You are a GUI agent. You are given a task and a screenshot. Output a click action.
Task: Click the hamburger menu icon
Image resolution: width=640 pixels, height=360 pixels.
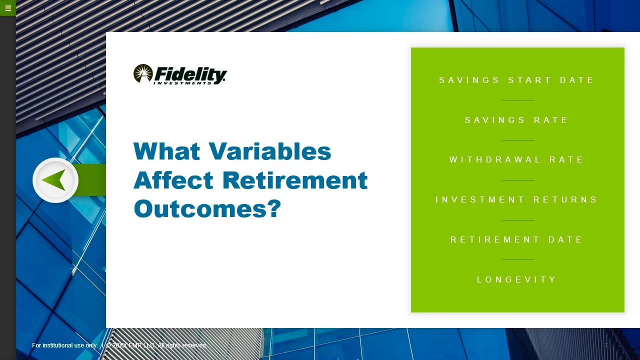(x=8, y=8)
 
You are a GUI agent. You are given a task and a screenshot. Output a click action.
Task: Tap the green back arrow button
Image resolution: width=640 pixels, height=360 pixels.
(x=55, y=180)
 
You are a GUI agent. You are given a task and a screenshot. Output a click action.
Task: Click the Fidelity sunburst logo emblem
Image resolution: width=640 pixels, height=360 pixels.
(x=143, y=73)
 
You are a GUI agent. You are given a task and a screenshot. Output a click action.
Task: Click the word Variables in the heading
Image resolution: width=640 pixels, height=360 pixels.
(x=269, y=151)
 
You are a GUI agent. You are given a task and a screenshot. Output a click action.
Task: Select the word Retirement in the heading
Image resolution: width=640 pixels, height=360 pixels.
(x=295, y=180)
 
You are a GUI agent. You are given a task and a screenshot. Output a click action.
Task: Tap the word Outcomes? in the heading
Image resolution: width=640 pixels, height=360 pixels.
(x=207, y=208)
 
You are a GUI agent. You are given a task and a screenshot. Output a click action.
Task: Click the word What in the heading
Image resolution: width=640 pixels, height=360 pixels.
(x=166, y=151)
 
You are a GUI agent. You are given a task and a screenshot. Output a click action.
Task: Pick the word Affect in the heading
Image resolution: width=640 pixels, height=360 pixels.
(x=173, y=180)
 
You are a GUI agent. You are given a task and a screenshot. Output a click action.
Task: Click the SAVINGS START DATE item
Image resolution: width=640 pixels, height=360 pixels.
(x=516, y=80)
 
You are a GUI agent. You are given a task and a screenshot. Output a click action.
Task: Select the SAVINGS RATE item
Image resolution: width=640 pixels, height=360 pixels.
(x=516, y=120)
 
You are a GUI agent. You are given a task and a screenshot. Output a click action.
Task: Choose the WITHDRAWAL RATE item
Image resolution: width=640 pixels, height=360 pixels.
(x=516, y=159)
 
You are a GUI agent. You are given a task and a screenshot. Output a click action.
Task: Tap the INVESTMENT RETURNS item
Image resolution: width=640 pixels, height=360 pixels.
(x=516, y=199)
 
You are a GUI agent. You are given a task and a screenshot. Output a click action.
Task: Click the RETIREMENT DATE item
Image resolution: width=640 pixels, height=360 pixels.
(x=516, y=239)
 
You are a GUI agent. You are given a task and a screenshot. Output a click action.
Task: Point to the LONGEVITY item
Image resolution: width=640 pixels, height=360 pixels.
(x=516, y=279)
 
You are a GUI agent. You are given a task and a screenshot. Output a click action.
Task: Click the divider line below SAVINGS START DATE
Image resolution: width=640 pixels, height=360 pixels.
(x=517, y=100)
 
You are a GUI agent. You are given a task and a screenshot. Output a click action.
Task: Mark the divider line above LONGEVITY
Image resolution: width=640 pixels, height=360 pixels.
(x=517, y=259)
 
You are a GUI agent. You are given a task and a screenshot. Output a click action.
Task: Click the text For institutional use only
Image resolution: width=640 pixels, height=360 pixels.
(x=65, y=345)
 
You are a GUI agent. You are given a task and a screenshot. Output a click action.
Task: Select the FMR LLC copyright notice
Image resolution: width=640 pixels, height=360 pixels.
(x=156, y=345)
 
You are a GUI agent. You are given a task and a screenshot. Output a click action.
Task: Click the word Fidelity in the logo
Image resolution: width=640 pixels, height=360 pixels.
(x=190, y=75)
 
